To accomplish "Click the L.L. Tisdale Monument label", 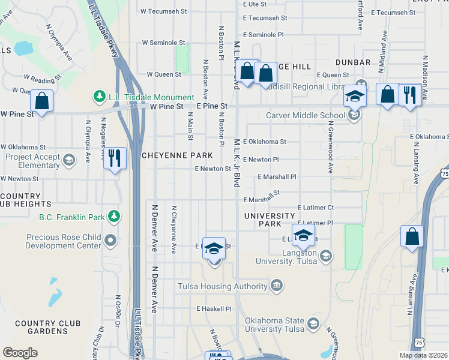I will click(x=151, y=97).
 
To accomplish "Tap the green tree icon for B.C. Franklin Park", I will click(x=113, y=217).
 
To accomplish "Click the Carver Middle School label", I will click(x=306, y=116).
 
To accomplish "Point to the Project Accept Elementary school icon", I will click(x=70, y=160).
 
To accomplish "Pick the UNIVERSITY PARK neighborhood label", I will click(x=270, y=220).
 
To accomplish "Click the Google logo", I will click(x=20, y=352).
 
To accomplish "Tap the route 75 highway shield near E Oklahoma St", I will click(x=444, y=173).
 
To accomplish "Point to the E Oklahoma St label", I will click(x=265, y=142).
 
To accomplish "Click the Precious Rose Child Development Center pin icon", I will click(x=110, y=241).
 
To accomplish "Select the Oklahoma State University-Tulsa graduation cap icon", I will click(x=313, y=325).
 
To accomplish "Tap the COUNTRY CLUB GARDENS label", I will click(x=48, y=328).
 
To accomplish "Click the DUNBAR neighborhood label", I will click(x=353, y=62).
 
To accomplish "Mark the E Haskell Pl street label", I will click(x=214, y=308).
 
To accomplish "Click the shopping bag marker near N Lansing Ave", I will click(x=412, y=236).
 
